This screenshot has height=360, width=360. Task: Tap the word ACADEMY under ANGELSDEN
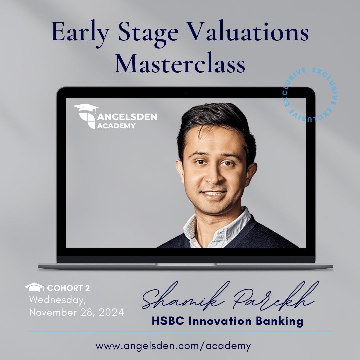(x=116, y=126)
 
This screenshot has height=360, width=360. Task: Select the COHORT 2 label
(x=68, y=288)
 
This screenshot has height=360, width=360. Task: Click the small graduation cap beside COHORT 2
(x=34, y=287)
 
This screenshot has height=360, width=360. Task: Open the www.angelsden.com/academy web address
(x=173, y=346)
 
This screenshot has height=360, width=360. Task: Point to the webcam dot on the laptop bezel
(x=186, y=93)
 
